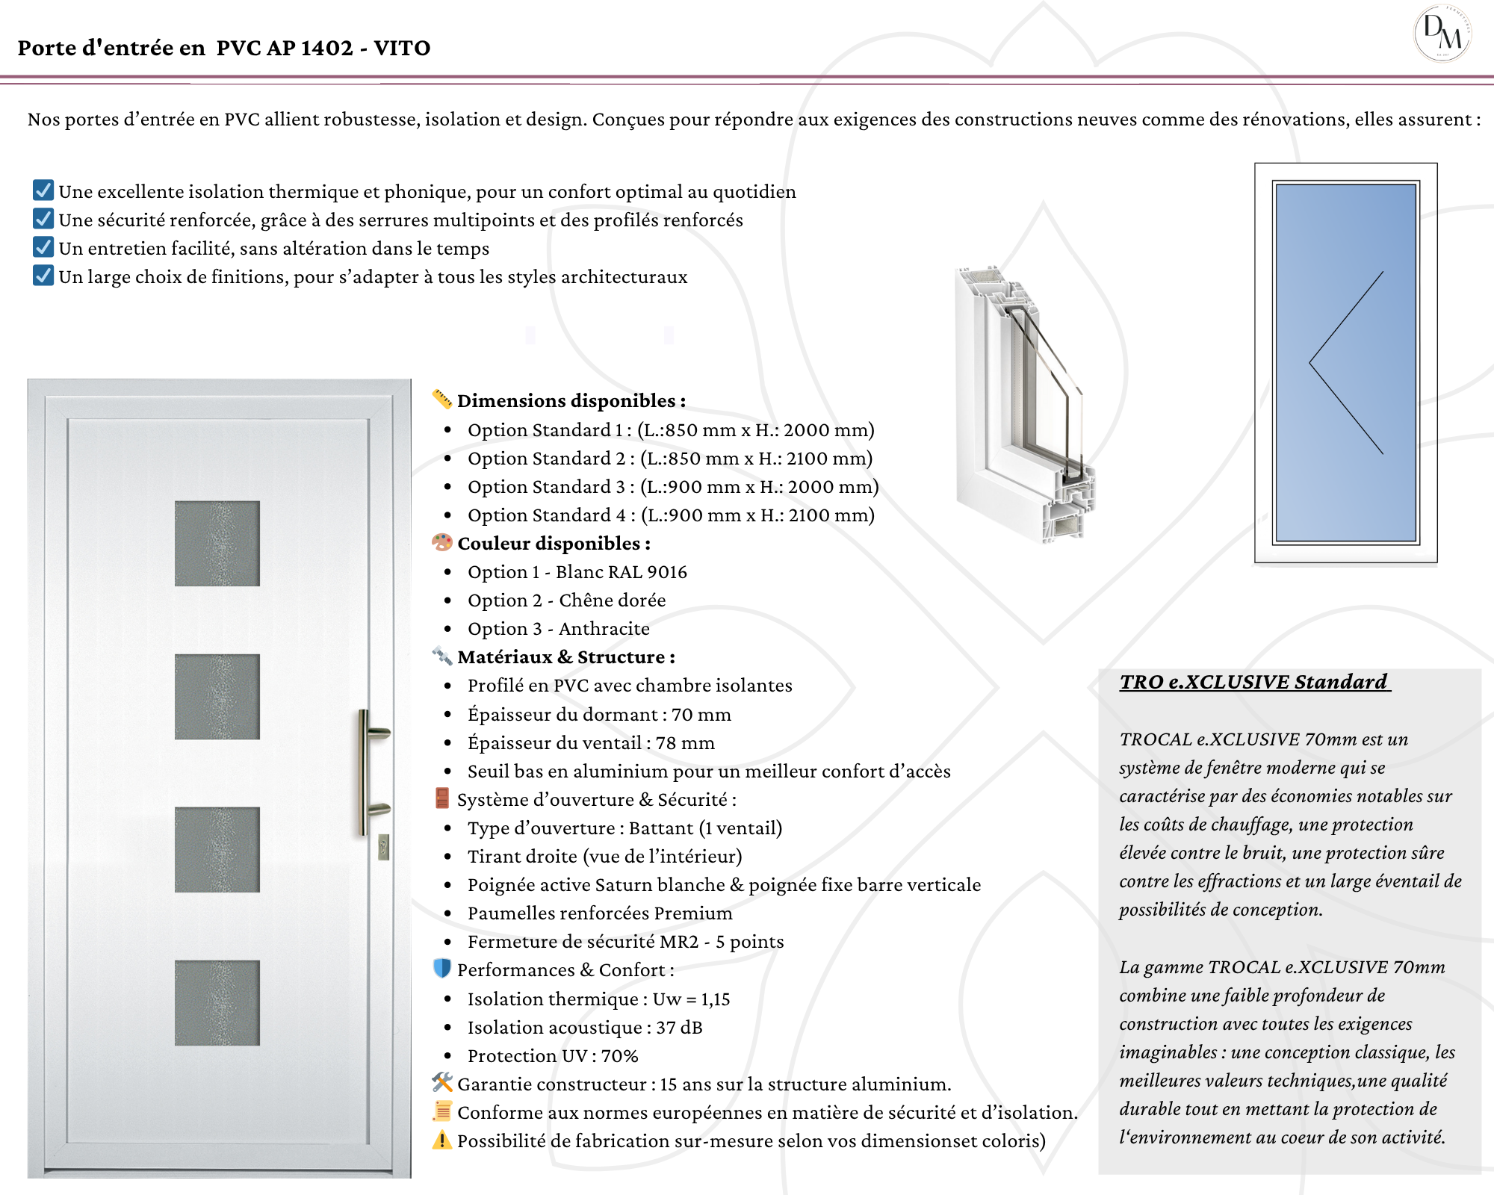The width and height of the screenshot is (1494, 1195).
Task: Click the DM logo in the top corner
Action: coord(1442,34)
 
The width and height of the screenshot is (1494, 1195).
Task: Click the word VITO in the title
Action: coord(402,48)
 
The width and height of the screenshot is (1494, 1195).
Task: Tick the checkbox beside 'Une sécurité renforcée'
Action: coord(43,219)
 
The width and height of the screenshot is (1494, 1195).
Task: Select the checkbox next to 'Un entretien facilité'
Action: coord(43,247)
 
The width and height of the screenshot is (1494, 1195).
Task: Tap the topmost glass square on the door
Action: coord(217,543)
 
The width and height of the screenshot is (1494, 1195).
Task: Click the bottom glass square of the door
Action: coord(217,1002)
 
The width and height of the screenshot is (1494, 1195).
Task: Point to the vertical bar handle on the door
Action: coord(364,772)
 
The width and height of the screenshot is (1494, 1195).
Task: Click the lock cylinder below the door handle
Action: coord(384,847)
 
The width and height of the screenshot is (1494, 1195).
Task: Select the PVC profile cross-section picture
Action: coord(1023,403)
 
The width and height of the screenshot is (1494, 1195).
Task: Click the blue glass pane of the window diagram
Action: coord(1345,363)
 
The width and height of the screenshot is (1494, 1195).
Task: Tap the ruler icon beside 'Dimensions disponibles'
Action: coord(442,399)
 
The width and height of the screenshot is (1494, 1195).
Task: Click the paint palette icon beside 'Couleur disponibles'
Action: coord(442,542)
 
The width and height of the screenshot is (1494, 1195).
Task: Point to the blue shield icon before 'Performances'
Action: coord(442,968)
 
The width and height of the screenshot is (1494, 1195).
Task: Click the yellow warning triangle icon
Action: coord(442,1140)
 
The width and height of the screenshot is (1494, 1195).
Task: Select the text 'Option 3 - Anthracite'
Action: coord(558,629)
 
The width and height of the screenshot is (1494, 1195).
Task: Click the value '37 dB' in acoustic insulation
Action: coord(679,1028)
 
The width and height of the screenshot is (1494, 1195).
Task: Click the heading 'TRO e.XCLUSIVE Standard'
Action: coord(1253,682)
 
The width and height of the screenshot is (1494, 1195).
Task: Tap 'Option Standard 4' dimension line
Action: coord(670,515)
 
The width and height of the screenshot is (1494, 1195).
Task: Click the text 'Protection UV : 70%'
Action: coord(553,1056)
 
